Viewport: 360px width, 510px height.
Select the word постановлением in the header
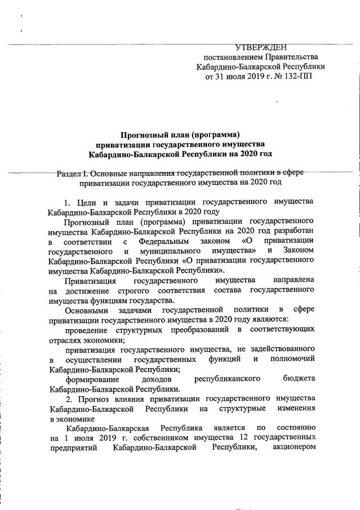[233, 57]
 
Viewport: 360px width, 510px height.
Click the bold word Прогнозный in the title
[148, 134]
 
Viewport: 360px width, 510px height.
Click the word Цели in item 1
[86, 202]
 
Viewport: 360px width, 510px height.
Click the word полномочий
[291, 359]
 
